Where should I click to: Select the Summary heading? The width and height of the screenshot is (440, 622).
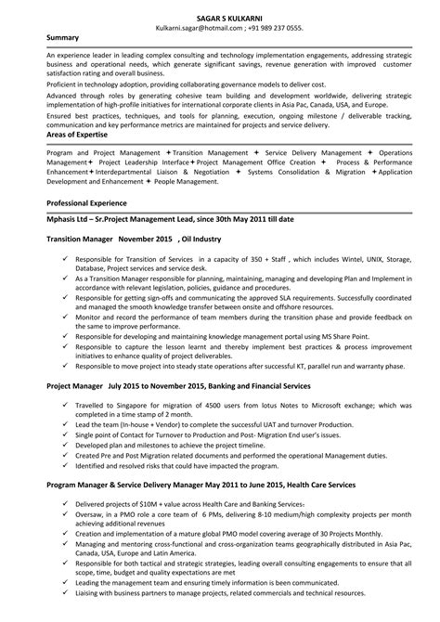point(64,38)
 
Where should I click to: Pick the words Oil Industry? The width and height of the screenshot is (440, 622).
point(219,239)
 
